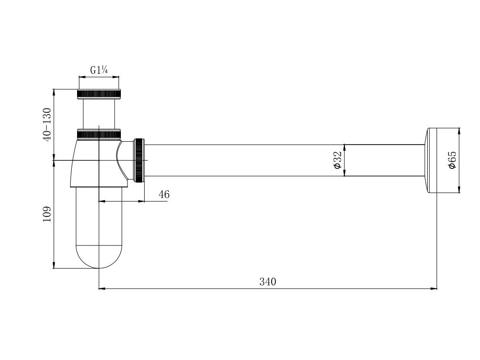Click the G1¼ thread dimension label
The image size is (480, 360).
coord(98,70)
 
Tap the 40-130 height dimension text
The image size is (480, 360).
coord(47,124)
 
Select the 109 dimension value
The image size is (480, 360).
coord(47,214)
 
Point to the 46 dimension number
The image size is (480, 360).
coord(164,195)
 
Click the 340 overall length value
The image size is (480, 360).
coord(267,282)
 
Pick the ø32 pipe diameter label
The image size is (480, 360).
coord(337,160)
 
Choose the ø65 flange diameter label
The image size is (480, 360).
coord(452,160)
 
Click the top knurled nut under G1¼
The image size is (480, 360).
coord(99,94)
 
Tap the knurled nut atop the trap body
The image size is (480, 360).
coord(99,135)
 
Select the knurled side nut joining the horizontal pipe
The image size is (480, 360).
coord(139,160)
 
